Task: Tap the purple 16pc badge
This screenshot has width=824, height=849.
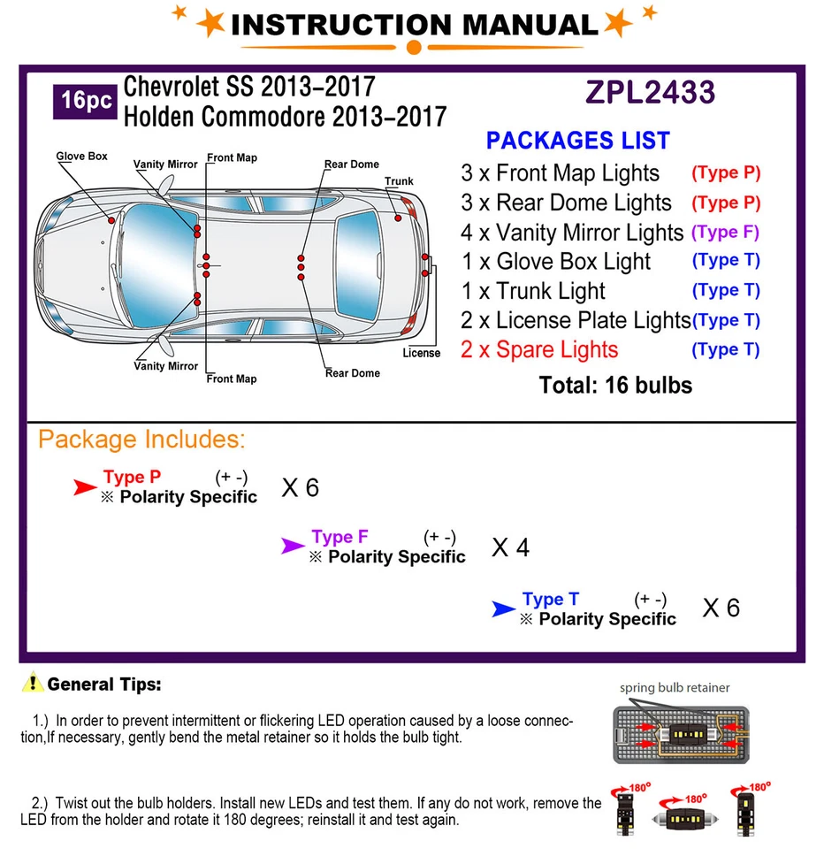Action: click(86, 101)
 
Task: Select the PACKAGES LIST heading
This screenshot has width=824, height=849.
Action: click(578, 141)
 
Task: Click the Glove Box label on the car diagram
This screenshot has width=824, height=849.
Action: click(82, 157)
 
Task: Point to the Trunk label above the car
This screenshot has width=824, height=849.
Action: click(399, 181)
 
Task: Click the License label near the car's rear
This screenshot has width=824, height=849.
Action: click(421, 353)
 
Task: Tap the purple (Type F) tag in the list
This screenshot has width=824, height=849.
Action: click(725, 233)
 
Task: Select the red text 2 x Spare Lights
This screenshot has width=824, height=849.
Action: click(539, 349)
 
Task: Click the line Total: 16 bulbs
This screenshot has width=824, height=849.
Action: click(615, 385)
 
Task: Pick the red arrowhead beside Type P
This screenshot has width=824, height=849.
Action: click(85, 486)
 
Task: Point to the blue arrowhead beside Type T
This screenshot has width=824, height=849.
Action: click(503, 608)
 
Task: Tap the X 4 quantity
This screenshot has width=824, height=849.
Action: click(511, 548)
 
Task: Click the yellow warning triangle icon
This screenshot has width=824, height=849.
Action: click(34, 683)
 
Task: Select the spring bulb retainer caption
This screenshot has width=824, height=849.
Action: click(675, 687)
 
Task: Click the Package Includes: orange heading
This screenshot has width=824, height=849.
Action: click(141, 440)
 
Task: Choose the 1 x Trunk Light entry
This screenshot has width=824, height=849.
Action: click(533, 291)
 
